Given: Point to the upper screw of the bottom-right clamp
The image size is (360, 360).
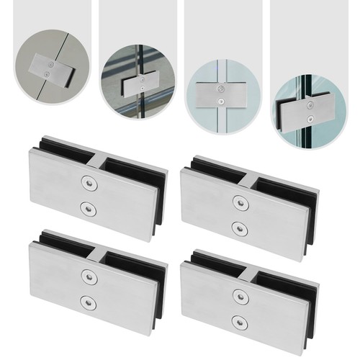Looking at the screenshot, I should pos(238,294).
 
